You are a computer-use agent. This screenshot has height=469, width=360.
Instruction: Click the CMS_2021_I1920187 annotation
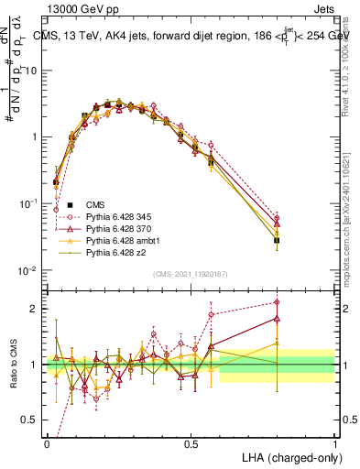tap(191, 274)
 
